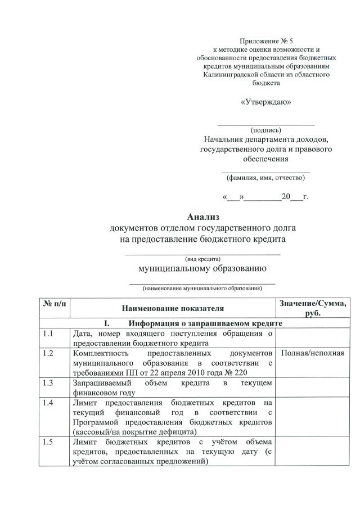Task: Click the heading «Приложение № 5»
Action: (x=266, y=42)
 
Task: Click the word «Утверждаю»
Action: (x=266, y=102)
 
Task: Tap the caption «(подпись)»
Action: (x=266, y=129)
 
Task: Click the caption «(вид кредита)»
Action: (x=202, y=259)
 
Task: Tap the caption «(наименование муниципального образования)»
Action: (x=202, y=289)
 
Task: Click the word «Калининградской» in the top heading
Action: (x=232, y=74)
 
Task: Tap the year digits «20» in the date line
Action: (x=286, y=197)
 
